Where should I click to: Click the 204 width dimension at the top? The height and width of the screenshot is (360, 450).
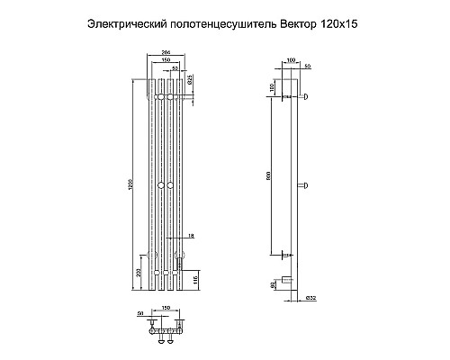(x=166, y=54)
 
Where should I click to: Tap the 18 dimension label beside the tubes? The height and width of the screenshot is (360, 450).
(x=191, y=235)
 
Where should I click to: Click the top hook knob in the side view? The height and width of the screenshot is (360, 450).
(x=306, y=97)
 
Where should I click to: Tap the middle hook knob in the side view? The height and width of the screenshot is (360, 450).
(x=306, y=186)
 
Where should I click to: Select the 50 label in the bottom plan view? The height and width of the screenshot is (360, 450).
(x=140, y=313)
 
